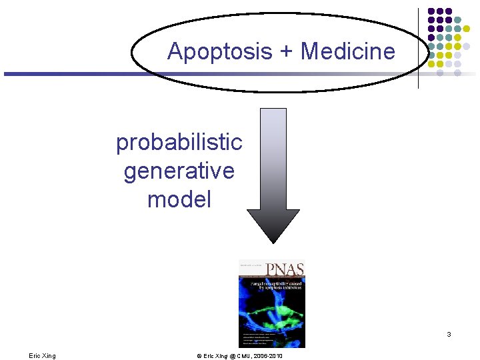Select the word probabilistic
tap(179, 142)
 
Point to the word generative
tap(179, 171)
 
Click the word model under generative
tap(179, 199)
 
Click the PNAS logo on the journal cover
tap(285, 269)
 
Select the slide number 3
tap(449, 334)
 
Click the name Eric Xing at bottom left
tap(42, 356)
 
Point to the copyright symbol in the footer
tap(199, 356)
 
